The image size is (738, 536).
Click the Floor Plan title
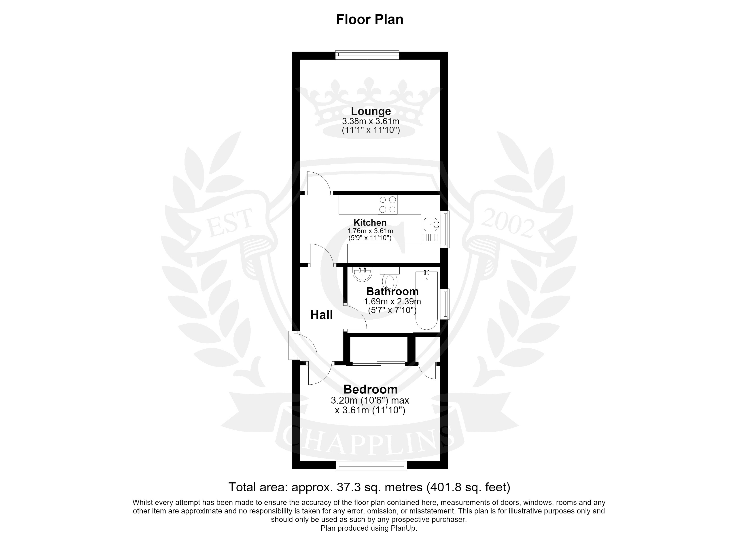click(370, 19)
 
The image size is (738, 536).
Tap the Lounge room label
click(371, 111)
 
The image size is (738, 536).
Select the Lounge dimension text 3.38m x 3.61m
click(371, 121)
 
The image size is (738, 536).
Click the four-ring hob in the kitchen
click(388, 204)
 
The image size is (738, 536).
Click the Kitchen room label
click(370, 223)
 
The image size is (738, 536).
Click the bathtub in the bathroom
click(426, 300)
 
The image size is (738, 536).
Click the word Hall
click(322, 315)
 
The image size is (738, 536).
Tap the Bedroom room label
click(370, 389)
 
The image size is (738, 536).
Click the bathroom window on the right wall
click(445, 304)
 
